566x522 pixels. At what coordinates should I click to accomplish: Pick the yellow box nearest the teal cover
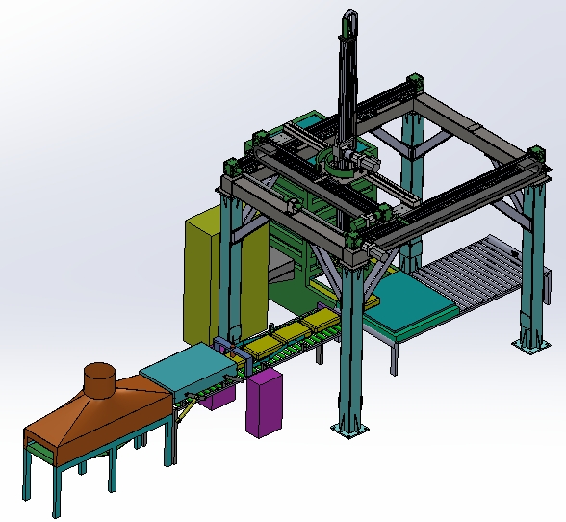[x=259, y=341]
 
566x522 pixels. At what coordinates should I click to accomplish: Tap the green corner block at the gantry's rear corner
[x=415, y=82]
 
